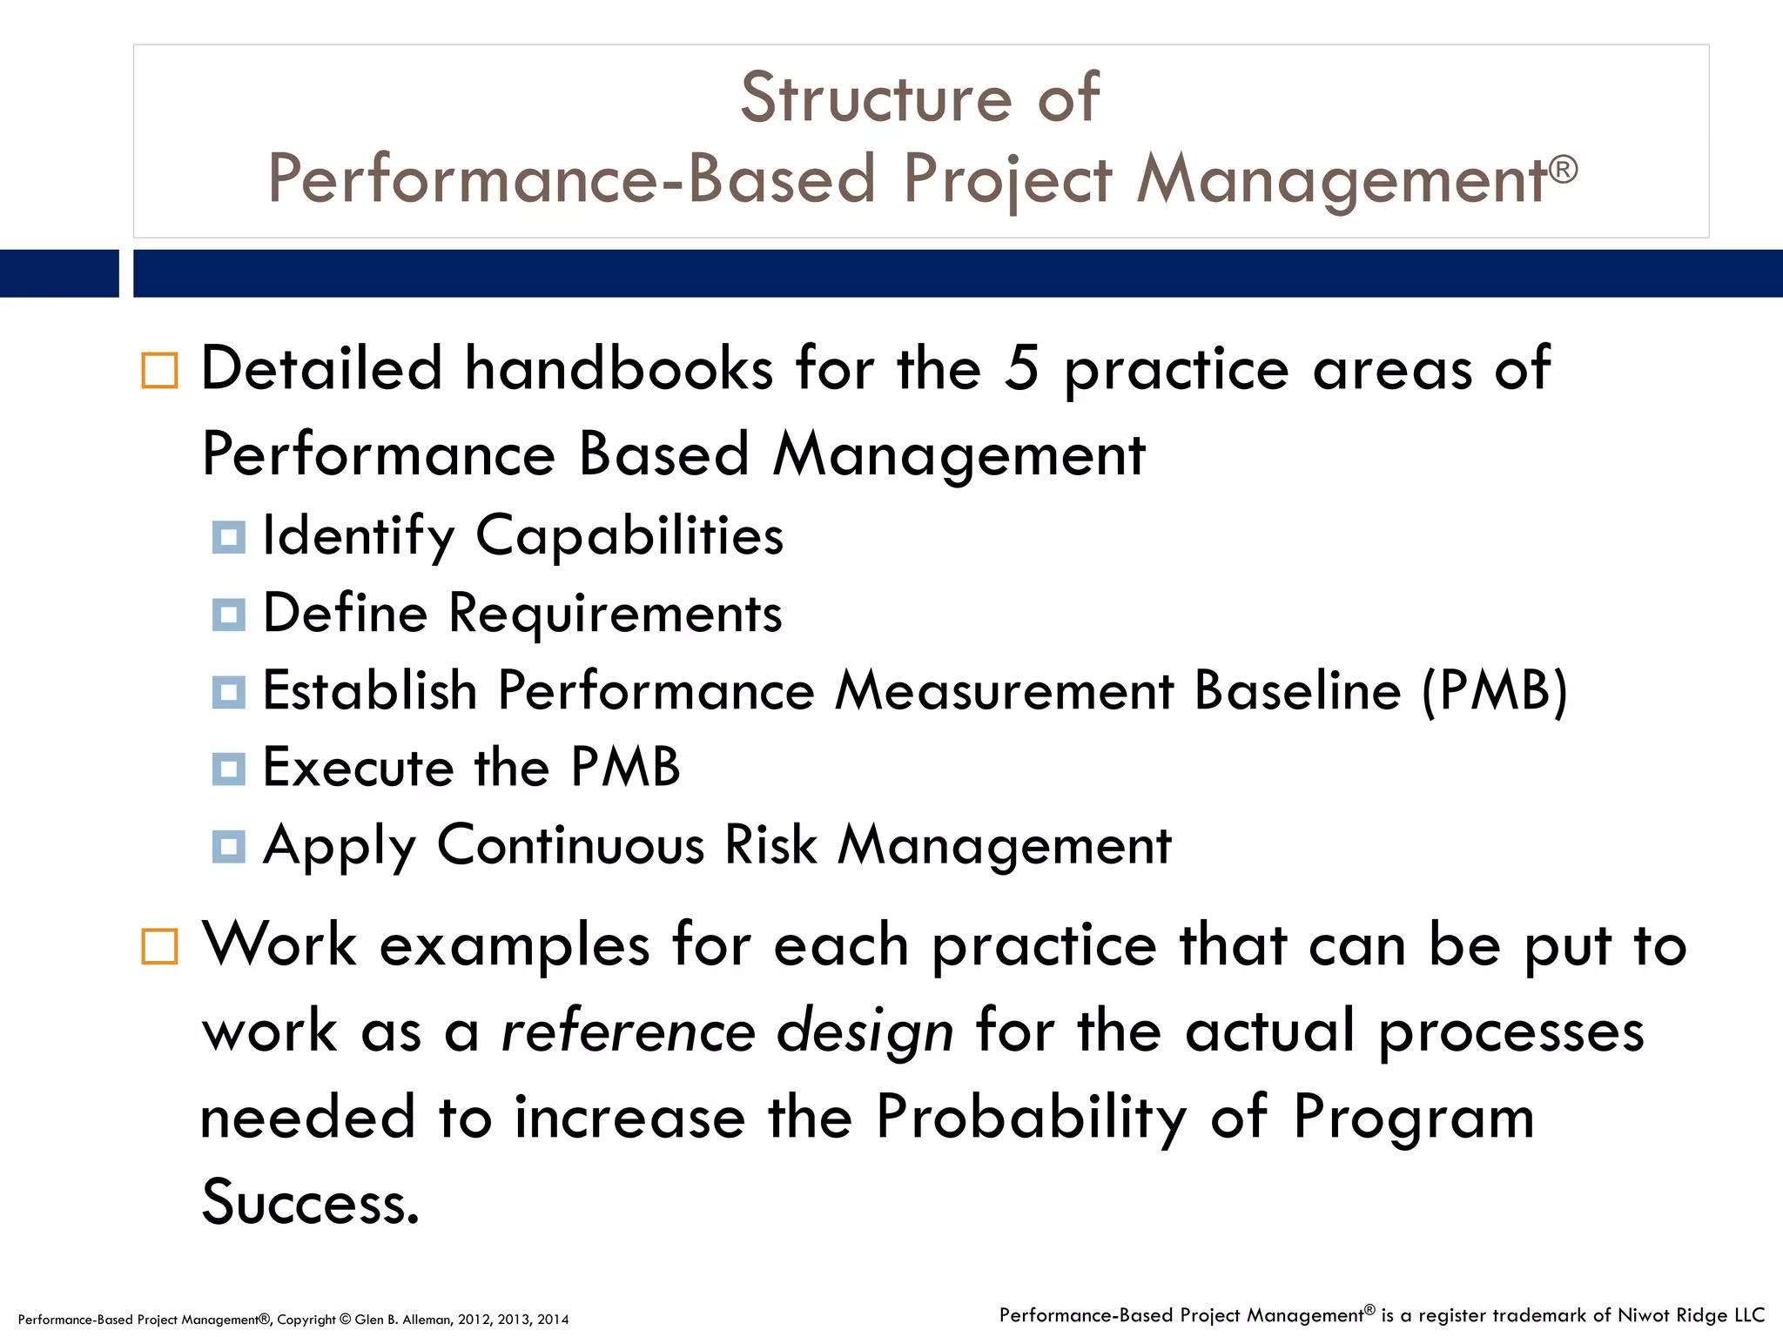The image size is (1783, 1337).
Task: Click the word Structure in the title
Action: pos(876,97)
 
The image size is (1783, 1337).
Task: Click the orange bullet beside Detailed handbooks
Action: pos(159,370)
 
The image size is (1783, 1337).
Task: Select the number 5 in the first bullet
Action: pos(1022,368)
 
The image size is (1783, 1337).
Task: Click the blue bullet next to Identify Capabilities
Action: pos(228,537)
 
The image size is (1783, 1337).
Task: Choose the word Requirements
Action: pos(615,614)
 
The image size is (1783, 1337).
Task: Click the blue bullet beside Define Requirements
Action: pos(228,615)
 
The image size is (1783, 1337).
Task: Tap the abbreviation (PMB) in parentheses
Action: pos(1494,691)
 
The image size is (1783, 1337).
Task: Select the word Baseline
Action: pos(1297,691)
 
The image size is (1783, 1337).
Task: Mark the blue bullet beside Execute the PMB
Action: pos(228,769)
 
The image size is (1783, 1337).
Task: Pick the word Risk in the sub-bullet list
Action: pos(770,845)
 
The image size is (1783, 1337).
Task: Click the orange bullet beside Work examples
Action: pos(159,946)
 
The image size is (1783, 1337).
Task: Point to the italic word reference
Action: pos(628,1031)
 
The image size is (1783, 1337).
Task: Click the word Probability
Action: pos(1031,1118)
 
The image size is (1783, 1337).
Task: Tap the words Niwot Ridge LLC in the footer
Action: pos(1691,1315)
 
